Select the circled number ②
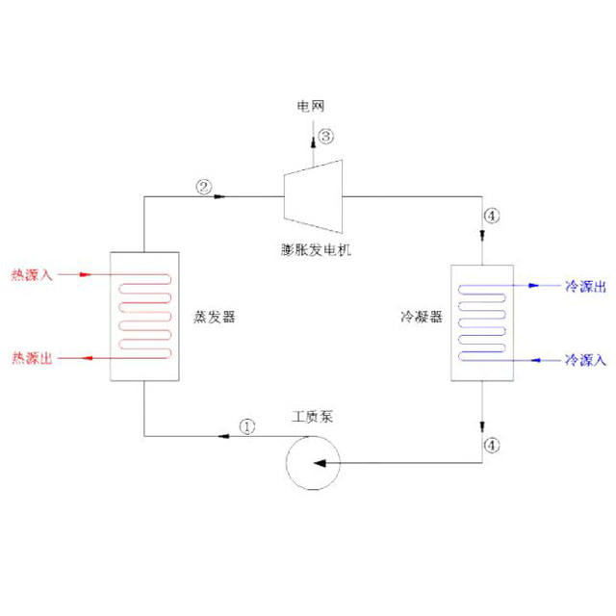pyautogui.click(x=203, y=186)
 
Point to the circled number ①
pyautogui.click(x=247, y=424)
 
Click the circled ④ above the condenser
pyautogui.click(x=493, y=216)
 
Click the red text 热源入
pyautogui.click(x=31, y=274)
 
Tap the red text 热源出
pyautogui.click(x=31, y=358)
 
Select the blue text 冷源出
pyautogui.click(x=585, y=286)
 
